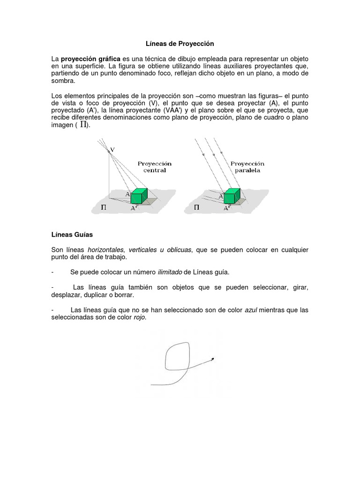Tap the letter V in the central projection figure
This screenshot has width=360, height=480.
pyautogui.click(x=112, y=150)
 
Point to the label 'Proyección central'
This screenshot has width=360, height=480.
pyautogui.click(x=154, y=167)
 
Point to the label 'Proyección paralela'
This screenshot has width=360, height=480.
pyautogui.click(x=247, y=167)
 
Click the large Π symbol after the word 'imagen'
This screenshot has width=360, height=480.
pyautogui.click(x=83, y=125)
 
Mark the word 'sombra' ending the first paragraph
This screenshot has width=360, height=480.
pyautogui.click(x=63, y=81)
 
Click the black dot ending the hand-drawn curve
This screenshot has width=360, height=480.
pyautogui.click(x=213, y=359)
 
